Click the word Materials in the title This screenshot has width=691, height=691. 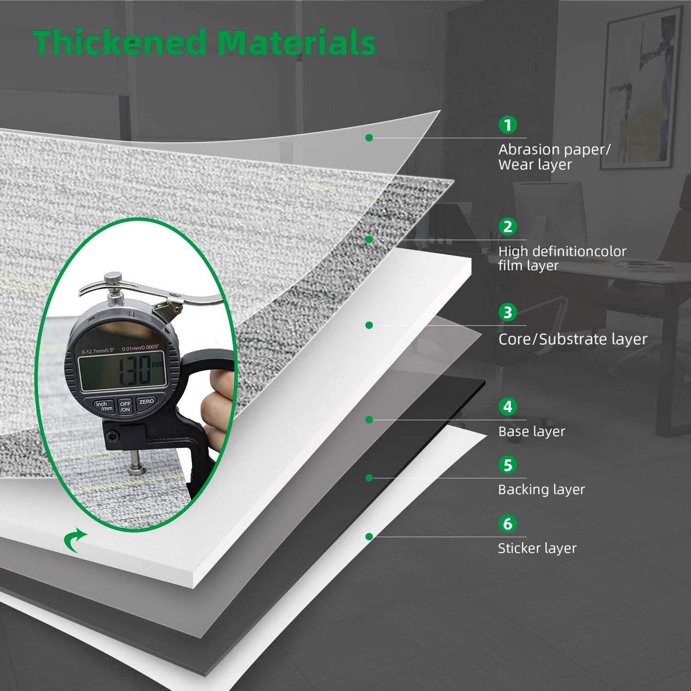click(x=296, y=43)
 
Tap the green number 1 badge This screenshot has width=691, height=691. click(x=508, y=125)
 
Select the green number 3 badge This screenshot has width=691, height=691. click(x=508, y=312)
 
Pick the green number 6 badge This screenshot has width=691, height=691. click(x=508, y=524)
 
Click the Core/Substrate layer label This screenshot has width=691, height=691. click(x=573, y=339)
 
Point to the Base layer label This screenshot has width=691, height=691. click(x=531, y=431)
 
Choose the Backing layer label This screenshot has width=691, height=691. click(x=541, y=490)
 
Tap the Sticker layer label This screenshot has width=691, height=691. click(x=537, y=548)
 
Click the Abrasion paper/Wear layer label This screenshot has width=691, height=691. click(x=554, y=157)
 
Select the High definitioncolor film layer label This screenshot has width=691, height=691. click(x=562, y=258)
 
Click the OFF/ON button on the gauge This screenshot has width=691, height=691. click(x=125, y=406)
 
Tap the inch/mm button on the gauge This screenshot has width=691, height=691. click(x=104, y=406)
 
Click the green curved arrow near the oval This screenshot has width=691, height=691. click(x=74, y=541)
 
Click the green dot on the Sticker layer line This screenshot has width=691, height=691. click(x=369, y=537)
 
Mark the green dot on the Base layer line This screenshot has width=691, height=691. click(x=369, y=419)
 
